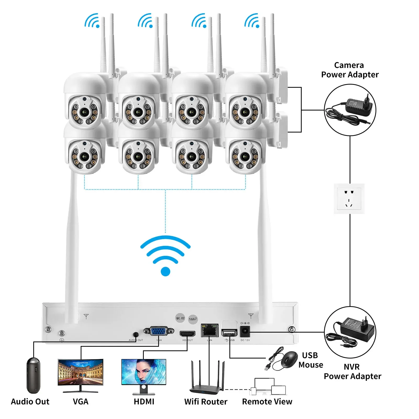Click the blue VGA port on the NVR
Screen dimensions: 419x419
(x=159, y=331)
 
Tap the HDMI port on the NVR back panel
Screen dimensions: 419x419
(x=187, y=334)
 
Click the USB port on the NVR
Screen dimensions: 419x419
(x=229, y=333)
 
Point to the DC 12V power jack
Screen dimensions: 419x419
(x=245, y=331)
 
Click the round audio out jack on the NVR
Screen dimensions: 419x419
(x=136, y=334)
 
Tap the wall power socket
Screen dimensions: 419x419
(x=349, y=199)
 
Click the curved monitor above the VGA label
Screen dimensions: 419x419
(x=81, y=373)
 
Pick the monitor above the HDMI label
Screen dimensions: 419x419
(x=144, y=373)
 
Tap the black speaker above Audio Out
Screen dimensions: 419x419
(x=33, y=375)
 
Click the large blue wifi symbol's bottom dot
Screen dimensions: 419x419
(x=165, y=271)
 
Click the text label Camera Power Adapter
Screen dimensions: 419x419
(x=350, y=70)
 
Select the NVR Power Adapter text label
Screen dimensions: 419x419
(x=352, y=371)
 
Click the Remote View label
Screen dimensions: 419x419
(x=267, y=401)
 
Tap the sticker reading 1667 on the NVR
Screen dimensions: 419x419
(x=193, y=319)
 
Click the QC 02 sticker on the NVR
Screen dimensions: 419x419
(x=180, y=318)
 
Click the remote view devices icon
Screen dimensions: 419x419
(x=268, y=386)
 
